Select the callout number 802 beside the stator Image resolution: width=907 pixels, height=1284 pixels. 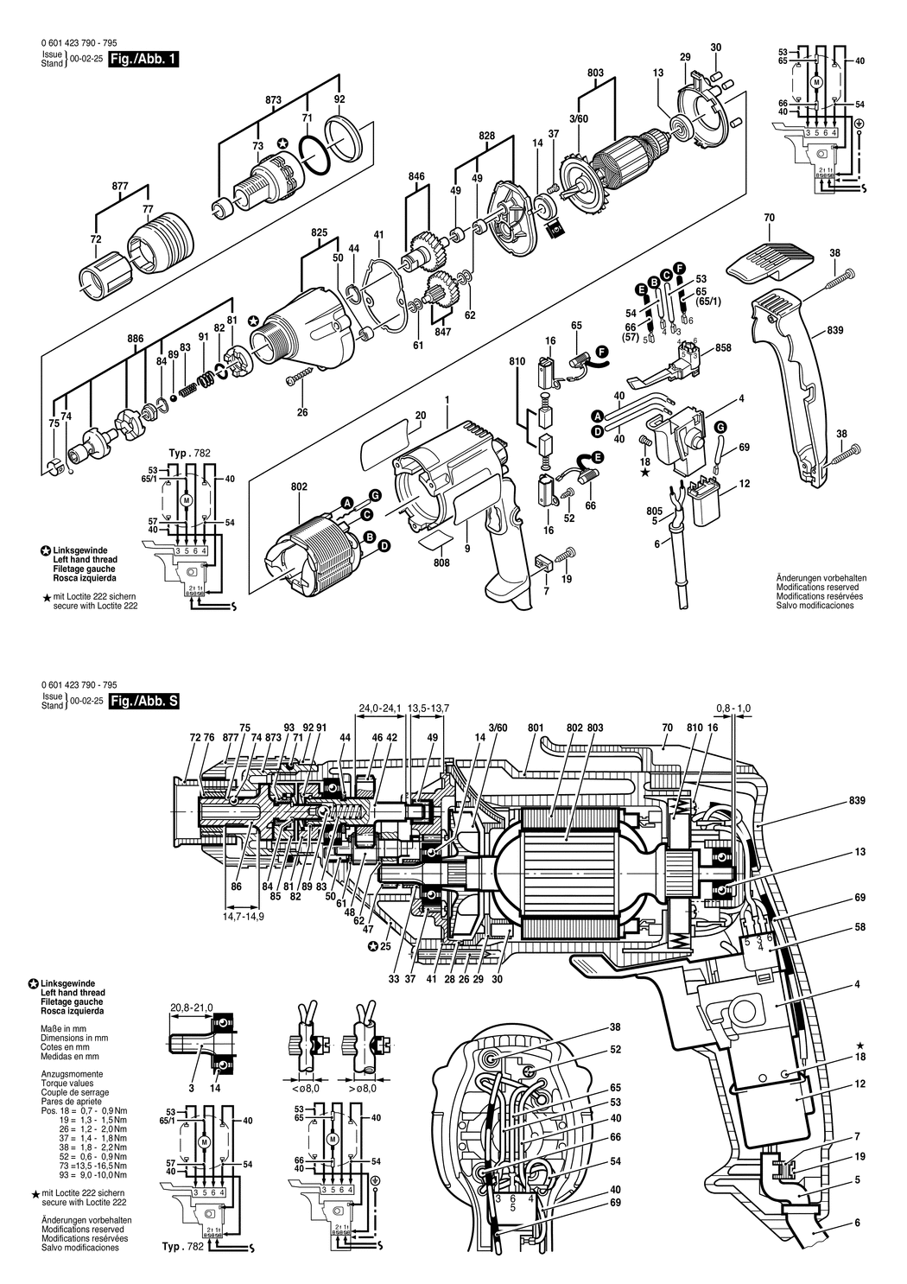tap(299, 487)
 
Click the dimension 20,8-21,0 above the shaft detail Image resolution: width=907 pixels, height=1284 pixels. tap(192, 1008)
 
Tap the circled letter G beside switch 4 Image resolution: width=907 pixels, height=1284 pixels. tap(720, 427)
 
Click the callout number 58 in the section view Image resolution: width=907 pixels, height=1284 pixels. tap(859, 926)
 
